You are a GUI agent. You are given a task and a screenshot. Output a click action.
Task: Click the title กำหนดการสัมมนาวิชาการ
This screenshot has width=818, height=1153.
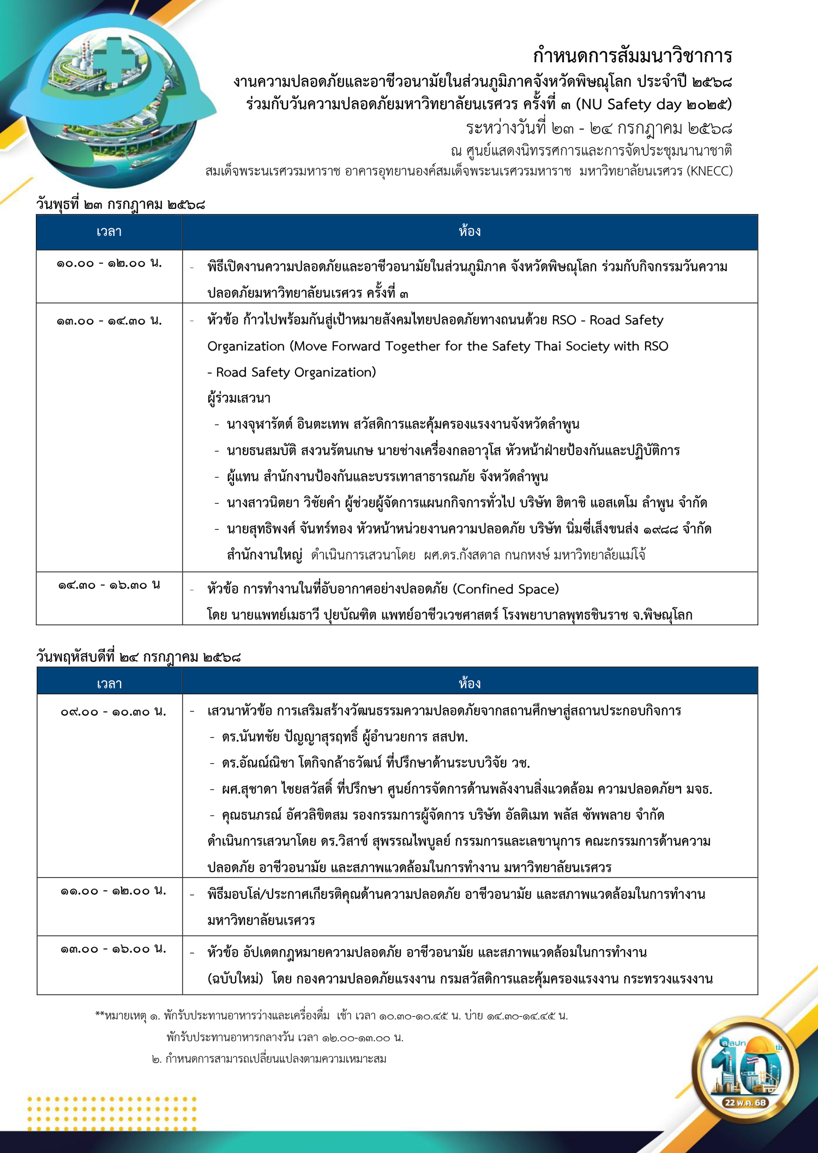[632, 56]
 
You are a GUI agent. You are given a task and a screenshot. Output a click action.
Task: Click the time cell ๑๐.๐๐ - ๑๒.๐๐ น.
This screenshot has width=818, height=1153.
[109, 263]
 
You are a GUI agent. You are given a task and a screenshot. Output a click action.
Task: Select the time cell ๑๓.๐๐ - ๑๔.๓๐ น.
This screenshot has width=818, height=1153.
[109, 321]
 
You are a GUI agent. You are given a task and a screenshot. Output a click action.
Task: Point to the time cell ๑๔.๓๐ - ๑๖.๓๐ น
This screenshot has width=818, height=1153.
[109, 585]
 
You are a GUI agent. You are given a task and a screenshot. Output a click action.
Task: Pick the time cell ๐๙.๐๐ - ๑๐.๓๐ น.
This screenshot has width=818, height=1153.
[113, 711]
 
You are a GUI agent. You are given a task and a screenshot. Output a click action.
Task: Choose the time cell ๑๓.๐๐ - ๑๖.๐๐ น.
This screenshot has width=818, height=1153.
[113, 949]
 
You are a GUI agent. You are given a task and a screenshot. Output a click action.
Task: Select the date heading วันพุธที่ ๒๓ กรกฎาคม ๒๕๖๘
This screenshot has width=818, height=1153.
[121, 204]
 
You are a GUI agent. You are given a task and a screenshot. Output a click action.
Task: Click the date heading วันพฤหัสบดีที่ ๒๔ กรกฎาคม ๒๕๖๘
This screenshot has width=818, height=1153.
[139, 657]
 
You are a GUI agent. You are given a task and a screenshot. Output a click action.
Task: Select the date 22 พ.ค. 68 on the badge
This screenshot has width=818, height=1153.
[745, 1102]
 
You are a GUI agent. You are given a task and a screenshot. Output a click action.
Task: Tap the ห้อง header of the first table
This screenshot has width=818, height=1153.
[470, 232]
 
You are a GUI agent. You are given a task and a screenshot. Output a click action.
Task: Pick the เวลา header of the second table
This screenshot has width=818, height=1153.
[109, 684]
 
